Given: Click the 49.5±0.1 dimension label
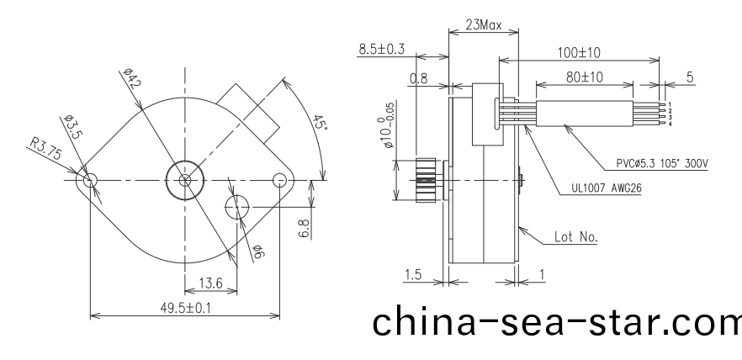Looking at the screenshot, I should [186, 308].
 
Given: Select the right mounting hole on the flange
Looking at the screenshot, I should [279, 180].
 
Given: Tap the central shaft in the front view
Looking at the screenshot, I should [185, 180].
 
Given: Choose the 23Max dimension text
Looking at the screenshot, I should [483, 25].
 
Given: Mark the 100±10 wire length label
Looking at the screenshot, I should [579, 52].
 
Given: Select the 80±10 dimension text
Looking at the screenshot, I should [583, 77].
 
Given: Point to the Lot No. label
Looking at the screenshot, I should [575, 237].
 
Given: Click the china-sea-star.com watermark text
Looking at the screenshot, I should [555, 322].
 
